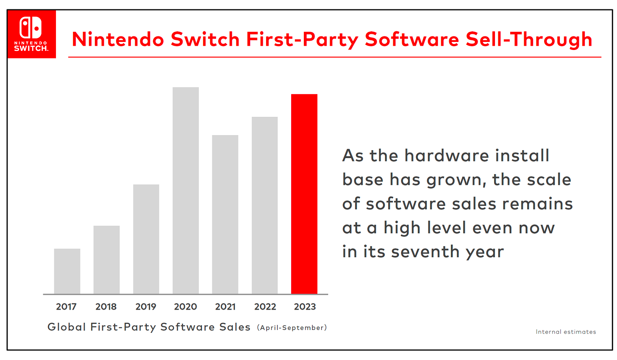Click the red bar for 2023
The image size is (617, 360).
[x=304, y=194]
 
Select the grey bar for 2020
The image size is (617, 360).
[x=186, y=191]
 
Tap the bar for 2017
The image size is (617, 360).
[x=67, y=271]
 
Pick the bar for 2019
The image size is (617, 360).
[x=146, y=239]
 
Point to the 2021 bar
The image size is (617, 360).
[x=225, y=214]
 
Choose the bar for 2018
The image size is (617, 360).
[x=106, y=260]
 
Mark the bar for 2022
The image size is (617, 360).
[x=264, y=205]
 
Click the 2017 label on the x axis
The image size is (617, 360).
[x=66, y=307]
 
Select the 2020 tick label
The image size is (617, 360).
[x=186, y=307]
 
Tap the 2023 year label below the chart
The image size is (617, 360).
[x=305, y=307]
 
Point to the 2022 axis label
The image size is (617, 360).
[x=265, y=307]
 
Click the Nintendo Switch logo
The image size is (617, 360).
[x=31, y=34]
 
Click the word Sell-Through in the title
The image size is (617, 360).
[x=528, y=39]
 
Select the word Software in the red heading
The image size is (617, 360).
[x=412, y=39]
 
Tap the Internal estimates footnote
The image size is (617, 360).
[x=566, y=332]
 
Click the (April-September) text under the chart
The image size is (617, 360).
[x=292, y=327]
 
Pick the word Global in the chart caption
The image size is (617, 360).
[x=67, y=327]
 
